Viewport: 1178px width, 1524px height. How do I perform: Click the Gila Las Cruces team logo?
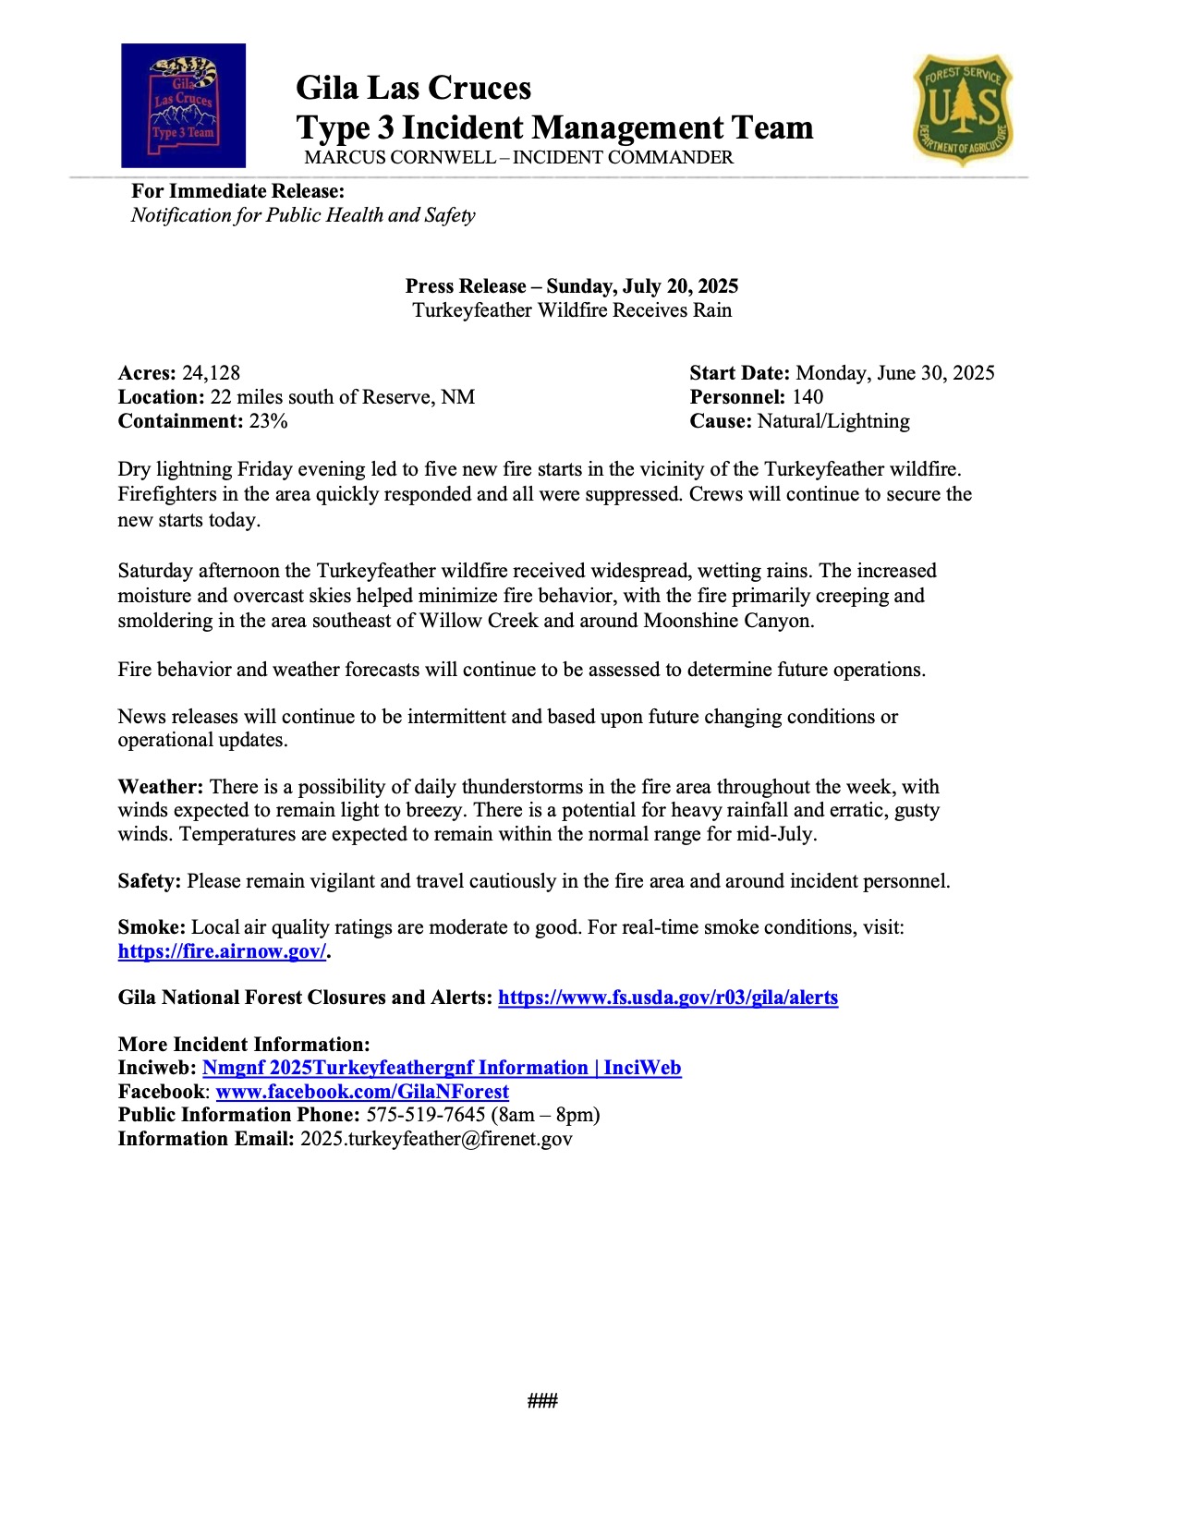pos(183,105)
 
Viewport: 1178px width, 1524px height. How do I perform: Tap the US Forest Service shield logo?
pos(963,109)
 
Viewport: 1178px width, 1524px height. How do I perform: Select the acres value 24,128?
pos(211,373)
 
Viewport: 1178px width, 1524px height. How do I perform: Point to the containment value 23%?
pos(268,421)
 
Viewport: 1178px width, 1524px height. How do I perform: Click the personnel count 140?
pos(808,397)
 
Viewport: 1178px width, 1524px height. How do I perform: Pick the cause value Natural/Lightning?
pos(833,421)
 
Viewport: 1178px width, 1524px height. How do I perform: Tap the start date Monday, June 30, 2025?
pos(894,373)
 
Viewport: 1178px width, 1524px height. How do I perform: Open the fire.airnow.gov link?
pos(222,951)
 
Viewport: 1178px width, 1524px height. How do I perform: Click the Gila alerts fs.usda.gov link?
pos(668,998)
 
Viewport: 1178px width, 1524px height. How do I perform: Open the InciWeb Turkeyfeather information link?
pos(442,1068)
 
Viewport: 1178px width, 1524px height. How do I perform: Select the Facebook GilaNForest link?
pos(362,1092)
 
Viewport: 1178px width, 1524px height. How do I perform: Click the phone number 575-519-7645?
pos(425,1115)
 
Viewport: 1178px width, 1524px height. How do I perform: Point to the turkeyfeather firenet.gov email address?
pos(436,1139)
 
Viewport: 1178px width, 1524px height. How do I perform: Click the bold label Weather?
pos(160,787)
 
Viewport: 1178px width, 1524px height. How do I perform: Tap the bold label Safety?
pos(150,881)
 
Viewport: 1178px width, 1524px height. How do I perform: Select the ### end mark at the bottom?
pos(542,1401)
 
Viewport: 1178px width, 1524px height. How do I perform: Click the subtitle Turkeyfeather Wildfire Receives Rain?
pos(572,310)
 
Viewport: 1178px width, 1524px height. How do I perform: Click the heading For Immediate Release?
pos(237,191)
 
